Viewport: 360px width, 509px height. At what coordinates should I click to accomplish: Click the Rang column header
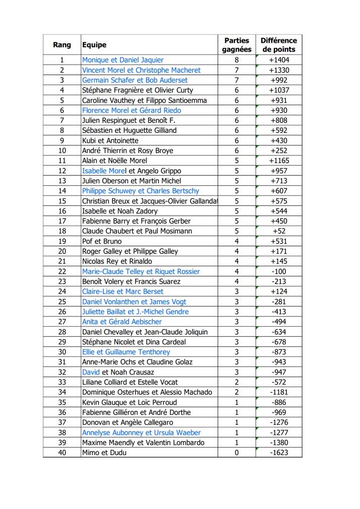coord(62,45)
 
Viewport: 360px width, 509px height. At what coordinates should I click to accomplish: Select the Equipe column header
coord(94,45)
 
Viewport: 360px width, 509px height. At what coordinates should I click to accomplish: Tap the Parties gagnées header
coord(236,45)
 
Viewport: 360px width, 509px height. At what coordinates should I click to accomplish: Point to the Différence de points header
coord(279,45)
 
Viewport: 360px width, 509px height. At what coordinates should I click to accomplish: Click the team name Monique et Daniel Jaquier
coord(123,60)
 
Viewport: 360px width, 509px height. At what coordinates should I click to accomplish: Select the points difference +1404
coord(279,60)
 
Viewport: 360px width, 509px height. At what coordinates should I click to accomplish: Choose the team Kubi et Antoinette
coord(110,141)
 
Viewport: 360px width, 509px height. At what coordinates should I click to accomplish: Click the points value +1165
coord(279,161)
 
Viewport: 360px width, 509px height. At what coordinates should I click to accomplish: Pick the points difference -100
coord(279,272)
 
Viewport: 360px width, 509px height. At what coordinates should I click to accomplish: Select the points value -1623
coord(279,453)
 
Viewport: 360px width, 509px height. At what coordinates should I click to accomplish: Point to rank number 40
coord(62,453)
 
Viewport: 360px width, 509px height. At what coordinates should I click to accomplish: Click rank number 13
coord(62,181)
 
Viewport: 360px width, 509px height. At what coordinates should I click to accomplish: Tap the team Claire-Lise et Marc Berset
coord(123,292)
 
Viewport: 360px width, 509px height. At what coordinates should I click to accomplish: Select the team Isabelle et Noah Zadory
coord(120,211)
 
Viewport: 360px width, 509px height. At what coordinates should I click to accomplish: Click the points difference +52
coord(279,231)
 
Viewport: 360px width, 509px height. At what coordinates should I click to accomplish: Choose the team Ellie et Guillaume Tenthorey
coord(126,352)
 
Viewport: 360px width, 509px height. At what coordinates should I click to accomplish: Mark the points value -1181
coord(279,392)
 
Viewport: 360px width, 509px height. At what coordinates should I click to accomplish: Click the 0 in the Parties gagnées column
coord(236,453)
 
